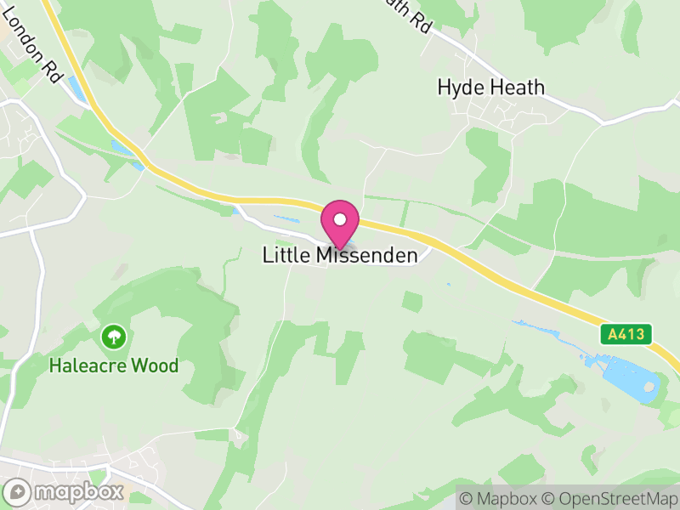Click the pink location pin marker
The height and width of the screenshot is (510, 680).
pos(340,224)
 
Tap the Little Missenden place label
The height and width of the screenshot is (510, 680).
pos(340,255)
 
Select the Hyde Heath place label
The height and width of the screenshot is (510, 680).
pos(490,87)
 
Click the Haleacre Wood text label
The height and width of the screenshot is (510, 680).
pos(113,366)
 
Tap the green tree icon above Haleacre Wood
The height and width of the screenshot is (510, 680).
pos(112,337)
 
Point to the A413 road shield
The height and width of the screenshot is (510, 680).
pos(628,334)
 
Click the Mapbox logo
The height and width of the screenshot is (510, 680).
pos(64,491)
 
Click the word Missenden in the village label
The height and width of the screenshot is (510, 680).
pos(367,255)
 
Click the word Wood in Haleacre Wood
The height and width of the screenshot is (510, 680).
pos(160,366)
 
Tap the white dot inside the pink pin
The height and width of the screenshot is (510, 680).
pos(340,218)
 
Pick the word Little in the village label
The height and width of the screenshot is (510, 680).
pos(287,255)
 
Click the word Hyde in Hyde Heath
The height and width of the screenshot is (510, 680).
pos(458,87)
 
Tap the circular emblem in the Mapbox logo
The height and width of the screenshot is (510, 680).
pos(17,491)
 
